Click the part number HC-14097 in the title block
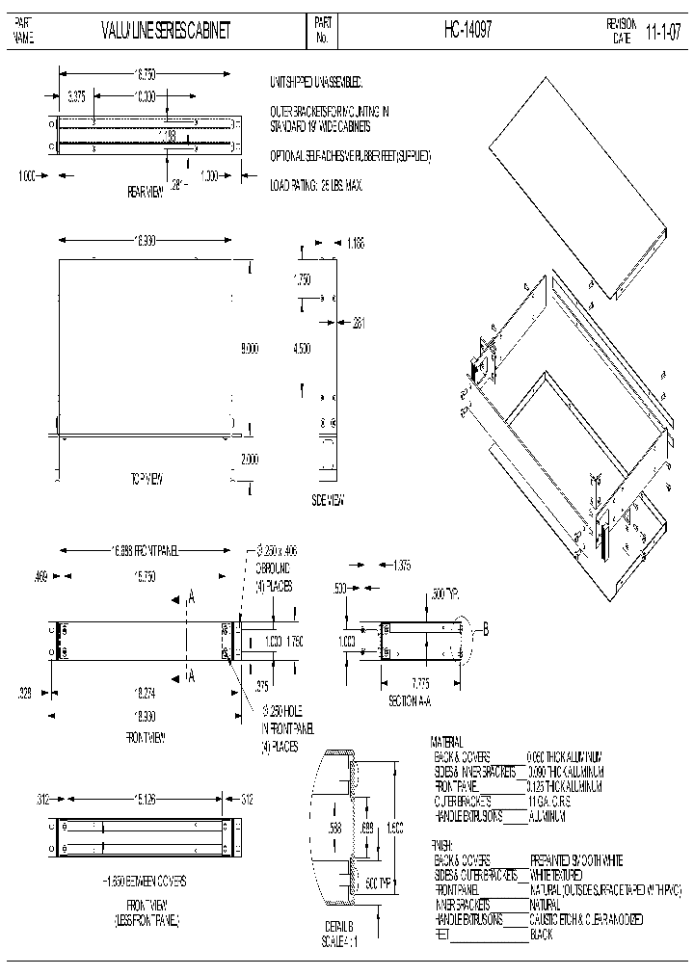(x=468, y=31)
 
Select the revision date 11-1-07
(x=663, y=31)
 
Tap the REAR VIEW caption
(x=147, y=192)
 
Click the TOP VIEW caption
(x=149, y=478)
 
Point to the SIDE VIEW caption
(x=329, y=499)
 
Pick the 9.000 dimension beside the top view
(x=249, y=351)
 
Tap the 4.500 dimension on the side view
(x=303, y=351)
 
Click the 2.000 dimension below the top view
(x=249, y=460)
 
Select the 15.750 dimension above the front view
(x=144, y=575)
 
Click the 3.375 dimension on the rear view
(x=77, y=95)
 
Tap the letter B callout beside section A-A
(x=486, y=630)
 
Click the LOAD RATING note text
(x=316, y=183)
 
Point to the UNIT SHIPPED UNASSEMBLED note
(x=316, y=84)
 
